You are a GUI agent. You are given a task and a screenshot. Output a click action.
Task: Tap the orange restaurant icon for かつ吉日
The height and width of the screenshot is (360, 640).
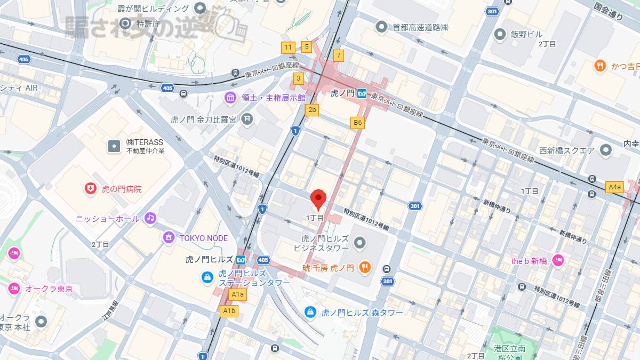point(601,66)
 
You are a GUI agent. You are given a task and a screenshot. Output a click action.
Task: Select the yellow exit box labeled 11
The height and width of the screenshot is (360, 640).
point(288,47)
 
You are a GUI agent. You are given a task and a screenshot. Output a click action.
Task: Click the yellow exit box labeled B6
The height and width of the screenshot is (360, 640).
point(358,123)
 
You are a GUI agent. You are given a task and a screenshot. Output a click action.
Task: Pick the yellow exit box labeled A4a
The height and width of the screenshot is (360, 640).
point(615,187)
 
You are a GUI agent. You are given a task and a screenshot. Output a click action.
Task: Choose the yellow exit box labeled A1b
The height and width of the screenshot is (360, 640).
point(229,311)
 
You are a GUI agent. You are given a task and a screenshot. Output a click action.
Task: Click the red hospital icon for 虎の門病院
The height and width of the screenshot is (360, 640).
point(91,189)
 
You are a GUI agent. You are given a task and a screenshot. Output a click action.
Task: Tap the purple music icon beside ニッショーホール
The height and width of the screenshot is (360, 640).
point(150,218)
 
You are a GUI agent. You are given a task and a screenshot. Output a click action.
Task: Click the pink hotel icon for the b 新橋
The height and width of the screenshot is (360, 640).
point(558,261)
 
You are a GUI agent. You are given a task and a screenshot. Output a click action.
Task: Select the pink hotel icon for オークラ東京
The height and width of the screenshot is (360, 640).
point(14,289)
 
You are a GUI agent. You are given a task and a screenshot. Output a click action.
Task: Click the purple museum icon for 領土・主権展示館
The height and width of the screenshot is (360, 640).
point(230,98)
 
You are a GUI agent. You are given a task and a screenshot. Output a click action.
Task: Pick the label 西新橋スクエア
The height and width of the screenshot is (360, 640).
point(566,150)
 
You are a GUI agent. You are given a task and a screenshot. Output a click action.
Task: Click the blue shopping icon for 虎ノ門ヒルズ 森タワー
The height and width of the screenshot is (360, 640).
point(310,312)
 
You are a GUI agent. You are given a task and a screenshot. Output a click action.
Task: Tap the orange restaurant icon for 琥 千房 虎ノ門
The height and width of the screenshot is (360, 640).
point(365,268)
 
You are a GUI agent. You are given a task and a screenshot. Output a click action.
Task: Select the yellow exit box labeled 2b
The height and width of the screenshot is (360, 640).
point(312,110)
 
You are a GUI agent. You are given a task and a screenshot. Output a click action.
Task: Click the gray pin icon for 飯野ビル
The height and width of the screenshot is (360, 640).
point(500,35)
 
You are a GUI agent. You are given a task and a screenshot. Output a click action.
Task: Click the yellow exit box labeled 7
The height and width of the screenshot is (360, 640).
point(338,55)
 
